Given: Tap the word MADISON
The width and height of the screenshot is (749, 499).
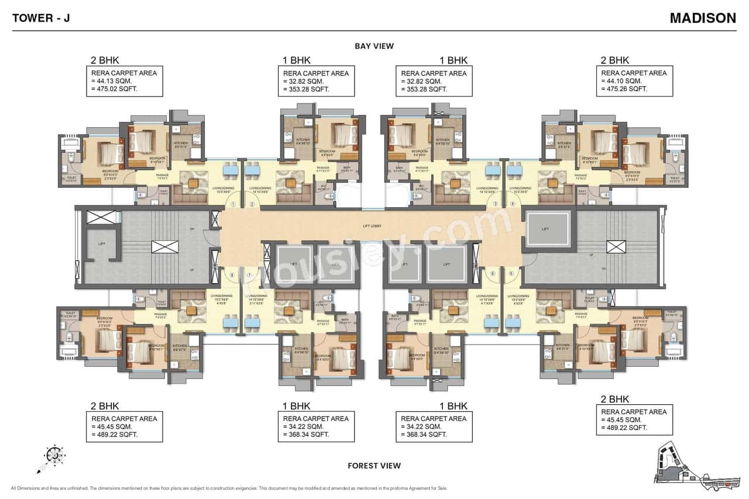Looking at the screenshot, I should pos(703,18).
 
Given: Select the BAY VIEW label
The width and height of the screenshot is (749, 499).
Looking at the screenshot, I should pos(374,46).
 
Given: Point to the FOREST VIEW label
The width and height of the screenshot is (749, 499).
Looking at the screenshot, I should pos(374,466).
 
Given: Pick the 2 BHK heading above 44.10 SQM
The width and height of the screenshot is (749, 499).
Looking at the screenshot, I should pos(614,60).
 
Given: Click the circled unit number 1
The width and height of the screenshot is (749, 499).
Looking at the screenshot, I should pos(233,204).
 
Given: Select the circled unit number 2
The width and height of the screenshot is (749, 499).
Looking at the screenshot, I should pos(252,204).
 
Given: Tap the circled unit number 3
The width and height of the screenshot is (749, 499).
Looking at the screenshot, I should pos(496,204).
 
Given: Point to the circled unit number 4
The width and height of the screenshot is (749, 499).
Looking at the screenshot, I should pos(513,204).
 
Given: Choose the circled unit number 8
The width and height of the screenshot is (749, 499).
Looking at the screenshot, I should pos(232,274).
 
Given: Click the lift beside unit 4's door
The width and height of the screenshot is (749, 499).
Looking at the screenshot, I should pos(546,229).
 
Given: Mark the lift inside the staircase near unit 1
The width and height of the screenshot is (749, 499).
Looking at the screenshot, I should pos(101,243).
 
